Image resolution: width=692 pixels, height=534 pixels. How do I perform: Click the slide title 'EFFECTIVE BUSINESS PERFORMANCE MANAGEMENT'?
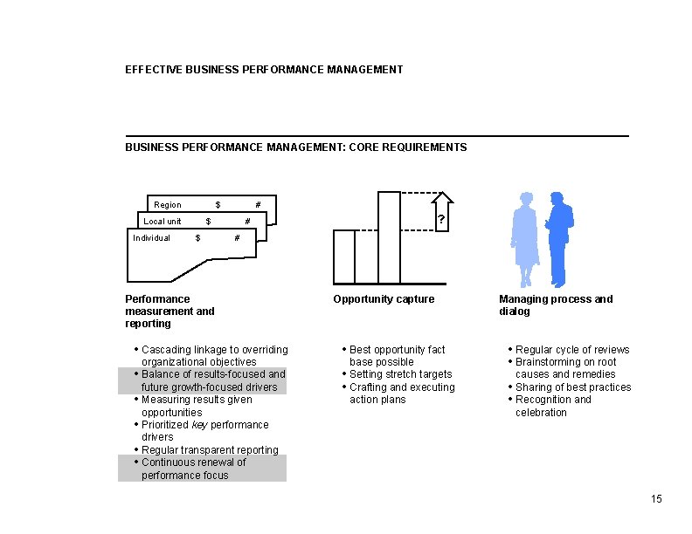(264, 69)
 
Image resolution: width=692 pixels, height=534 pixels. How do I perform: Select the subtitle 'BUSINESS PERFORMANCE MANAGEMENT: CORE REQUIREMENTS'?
(295, 147)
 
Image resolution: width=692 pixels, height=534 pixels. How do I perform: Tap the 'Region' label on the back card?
(168, 205)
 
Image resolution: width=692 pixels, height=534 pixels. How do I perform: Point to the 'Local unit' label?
(163, 222)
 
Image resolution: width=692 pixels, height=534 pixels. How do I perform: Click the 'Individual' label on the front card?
(151, 237)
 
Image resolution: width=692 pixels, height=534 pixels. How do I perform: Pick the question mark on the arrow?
(441, 221)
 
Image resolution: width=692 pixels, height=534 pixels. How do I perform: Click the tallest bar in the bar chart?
(389, 237)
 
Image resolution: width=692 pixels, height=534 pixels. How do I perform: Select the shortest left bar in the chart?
(344, 257)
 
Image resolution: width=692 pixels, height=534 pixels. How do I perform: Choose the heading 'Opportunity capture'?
(384, 299)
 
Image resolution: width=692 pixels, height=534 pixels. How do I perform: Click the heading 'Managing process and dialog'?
(556, 305)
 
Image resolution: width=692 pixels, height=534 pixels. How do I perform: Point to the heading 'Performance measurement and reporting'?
(170, 311)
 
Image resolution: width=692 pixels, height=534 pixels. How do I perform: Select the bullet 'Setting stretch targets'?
(400, 374)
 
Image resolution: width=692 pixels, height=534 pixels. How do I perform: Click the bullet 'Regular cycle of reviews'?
(572, 350)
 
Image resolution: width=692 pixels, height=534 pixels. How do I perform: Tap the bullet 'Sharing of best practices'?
(572, 387)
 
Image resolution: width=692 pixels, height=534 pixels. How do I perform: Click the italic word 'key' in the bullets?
(199, 425)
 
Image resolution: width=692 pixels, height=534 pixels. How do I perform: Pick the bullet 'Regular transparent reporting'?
(210, 450)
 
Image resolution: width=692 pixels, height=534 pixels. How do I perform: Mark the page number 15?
(656, 499)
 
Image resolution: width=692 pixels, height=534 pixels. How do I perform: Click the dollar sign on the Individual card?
(198, 237)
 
